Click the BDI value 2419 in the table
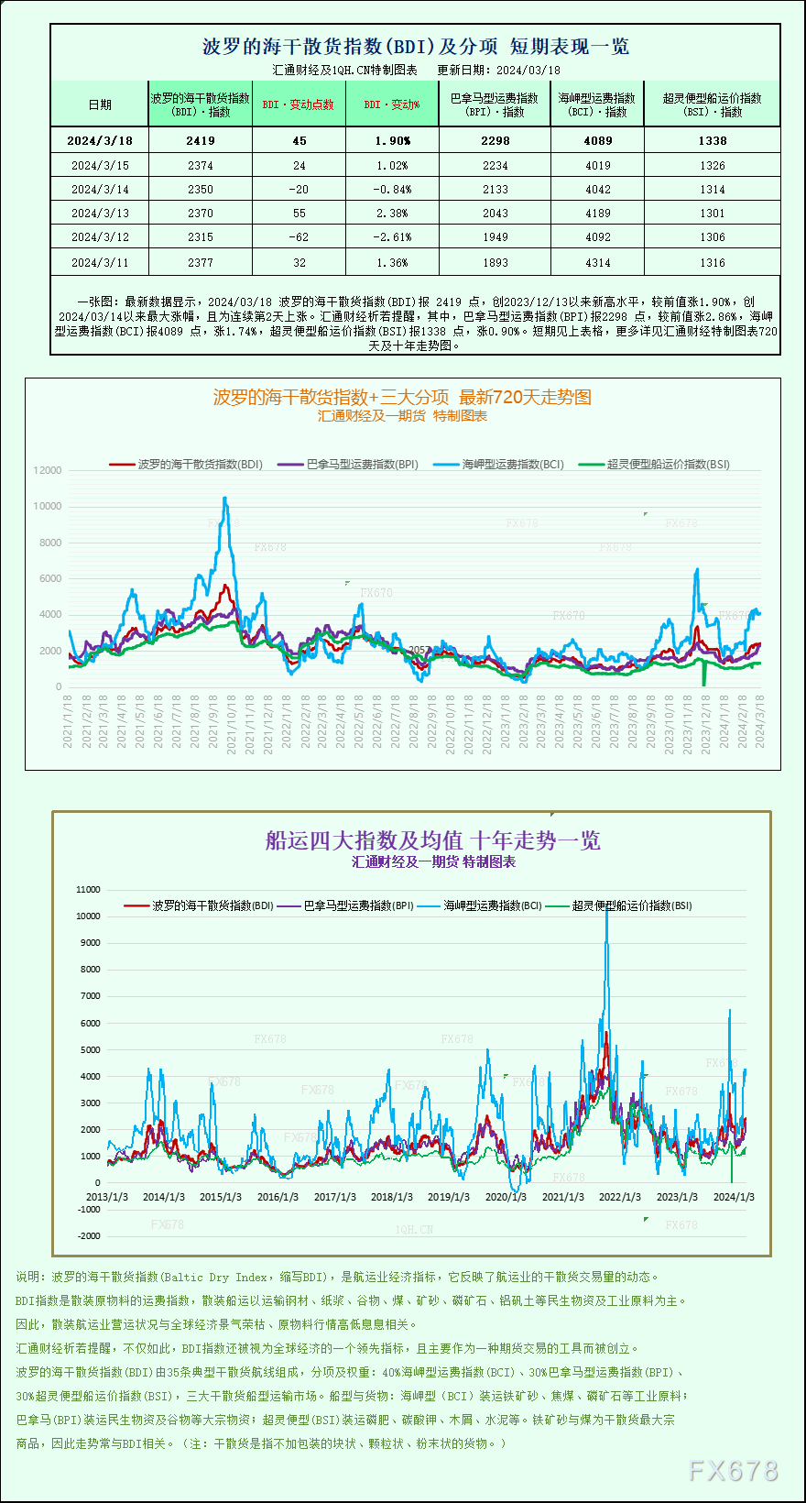click(201, 141)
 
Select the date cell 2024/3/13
click(100, 214)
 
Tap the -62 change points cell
click(299, 237)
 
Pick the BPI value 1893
click(495, 263)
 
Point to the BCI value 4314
click(597, 263)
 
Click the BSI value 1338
click(712, 141)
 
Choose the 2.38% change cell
click(392, 214)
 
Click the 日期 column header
click(100, 104)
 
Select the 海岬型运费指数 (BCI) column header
click(597, 104)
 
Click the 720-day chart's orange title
click(402, 397)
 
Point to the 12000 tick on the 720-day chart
click(48, 470)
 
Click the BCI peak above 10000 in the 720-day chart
click(225, 499)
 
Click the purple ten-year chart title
click(432, 840)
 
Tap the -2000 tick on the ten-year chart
click(89, 1236)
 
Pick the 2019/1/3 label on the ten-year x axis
click(449, 1197)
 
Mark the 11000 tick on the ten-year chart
click(89, 889)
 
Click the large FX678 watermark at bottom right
click(733, 1471)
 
